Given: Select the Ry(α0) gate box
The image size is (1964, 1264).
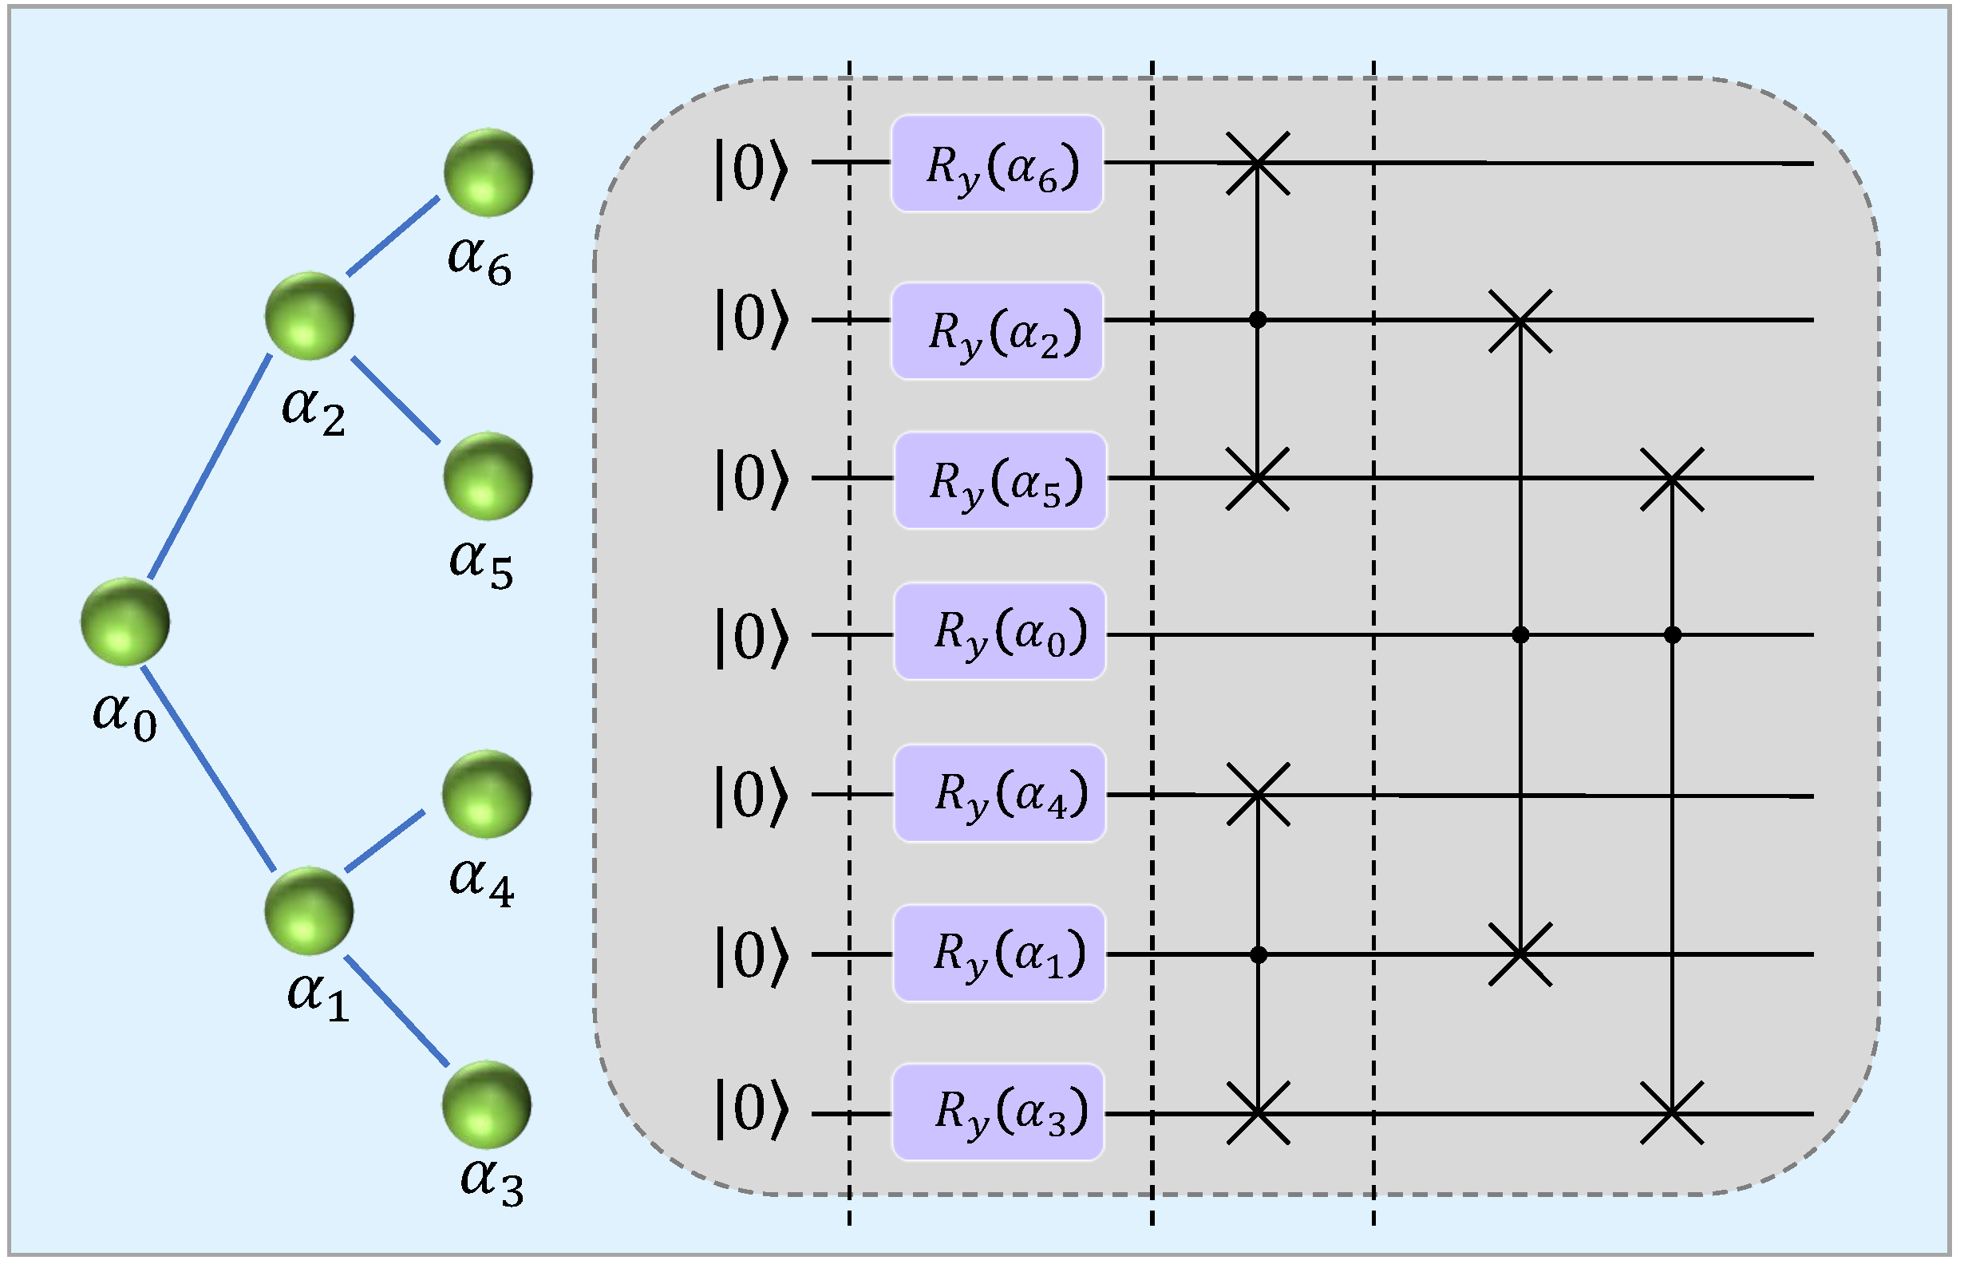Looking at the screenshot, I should [999, 631].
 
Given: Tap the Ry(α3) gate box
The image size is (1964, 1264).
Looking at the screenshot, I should [998, 1112].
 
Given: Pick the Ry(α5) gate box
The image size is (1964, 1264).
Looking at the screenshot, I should [1000, 480].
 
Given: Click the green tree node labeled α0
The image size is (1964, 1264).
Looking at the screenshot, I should [124, 622].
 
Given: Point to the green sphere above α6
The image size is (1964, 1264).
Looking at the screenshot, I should [488, 172].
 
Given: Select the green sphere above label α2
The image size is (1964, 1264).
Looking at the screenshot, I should [310, 316].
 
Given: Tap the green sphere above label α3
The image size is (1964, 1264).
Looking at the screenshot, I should [487, 1104].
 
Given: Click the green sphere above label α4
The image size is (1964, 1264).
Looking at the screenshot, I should [487, 794].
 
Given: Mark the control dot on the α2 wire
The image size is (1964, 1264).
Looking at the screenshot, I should [1258, 319].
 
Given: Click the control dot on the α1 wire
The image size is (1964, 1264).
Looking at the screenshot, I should [1259, 954].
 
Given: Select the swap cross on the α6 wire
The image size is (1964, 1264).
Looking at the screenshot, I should [1258, 164].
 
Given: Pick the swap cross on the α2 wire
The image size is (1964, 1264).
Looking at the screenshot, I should [1520, 321].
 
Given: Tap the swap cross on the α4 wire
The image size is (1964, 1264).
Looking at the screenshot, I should [1259, 795].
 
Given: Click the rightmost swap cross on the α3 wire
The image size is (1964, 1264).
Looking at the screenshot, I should [1672, 1113].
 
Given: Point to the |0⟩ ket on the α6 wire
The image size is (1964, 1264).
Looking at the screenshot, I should [751, 169].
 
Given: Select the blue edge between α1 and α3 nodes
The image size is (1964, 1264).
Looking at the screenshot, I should [396, 1011].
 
